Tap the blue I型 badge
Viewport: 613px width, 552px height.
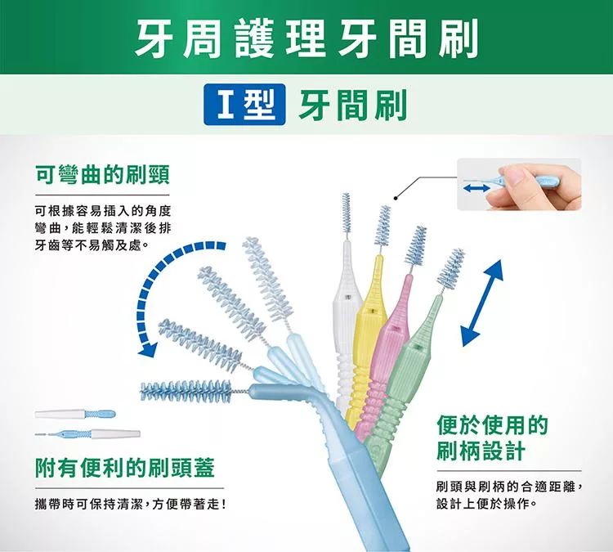(x=244, y=108)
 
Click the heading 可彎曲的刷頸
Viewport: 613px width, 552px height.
(x=101, y=174)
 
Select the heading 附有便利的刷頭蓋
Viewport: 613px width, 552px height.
(x=124, y=469)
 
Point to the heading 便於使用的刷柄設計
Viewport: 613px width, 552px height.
(x=492, y=438)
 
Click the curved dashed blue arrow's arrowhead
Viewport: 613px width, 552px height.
(x=148, y=349)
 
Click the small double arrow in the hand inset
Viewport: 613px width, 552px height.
(x=476, y=187)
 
